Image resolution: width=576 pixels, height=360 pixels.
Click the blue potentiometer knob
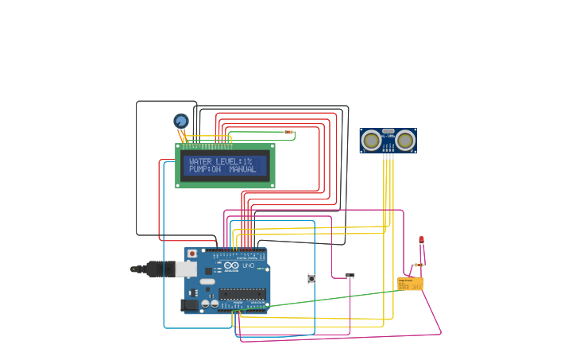[x=181, y=121]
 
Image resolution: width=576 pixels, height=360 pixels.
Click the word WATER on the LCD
[x=201, y=161]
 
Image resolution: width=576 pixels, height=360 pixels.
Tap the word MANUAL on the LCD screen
[x=242, y=169]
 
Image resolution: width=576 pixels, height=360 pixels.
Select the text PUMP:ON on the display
[x=204, y=169]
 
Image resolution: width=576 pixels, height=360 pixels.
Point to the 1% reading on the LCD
[x=247, y=161]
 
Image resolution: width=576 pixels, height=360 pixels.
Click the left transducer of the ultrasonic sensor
[x=371, y=141]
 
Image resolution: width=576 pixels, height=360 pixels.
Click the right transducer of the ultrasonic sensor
[x=405, y=141]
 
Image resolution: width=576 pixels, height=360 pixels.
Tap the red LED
[x=421, y=239]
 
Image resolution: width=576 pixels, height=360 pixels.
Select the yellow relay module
[x=410, y=284]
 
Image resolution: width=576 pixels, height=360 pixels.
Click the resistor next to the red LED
[x=416, y=265]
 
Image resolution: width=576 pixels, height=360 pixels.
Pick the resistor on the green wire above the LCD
[x=288, y=132]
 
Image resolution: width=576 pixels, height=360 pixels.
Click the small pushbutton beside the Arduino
[x=311, y=278]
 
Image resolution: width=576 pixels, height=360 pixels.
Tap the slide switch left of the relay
[x=350, y=276]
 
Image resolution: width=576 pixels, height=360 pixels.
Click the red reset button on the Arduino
[x=191, y=254]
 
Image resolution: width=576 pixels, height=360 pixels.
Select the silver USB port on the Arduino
[x=186, y=269]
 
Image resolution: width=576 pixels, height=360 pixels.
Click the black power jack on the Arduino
[x=190, y=304]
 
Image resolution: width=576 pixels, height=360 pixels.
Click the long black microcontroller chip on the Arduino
[x=242, y=294]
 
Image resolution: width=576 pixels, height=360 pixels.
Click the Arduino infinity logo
[x=231, y=265]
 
